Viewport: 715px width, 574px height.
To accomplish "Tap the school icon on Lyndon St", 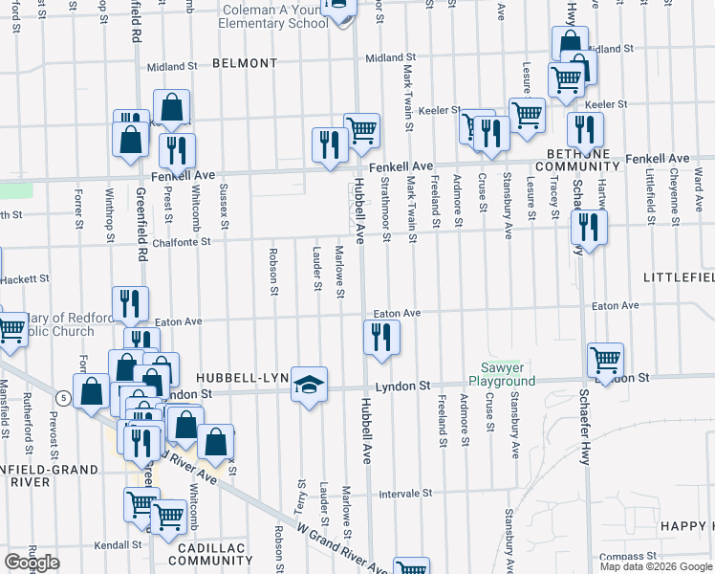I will (309, 385).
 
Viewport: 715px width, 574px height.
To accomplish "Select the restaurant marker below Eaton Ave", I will (381, 337).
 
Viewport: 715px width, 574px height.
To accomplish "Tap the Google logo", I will (32, 563).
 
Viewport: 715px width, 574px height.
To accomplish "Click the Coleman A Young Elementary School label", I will (273, 16).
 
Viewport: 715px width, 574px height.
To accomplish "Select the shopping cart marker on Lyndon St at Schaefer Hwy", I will (605, 361).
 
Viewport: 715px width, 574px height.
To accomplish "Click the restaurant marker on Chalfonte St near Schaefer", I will (588, 227).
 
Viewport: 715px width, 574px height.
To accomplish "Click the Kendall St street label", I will (119, 544).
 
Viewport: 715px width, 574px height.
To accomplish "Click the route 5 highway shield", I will (63, 396).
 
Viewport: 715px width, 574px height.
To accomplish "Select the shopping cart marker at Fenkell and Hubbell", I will (362, 130).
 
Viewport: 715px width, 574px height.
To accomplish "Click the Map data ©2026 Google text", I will (655, 566).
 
